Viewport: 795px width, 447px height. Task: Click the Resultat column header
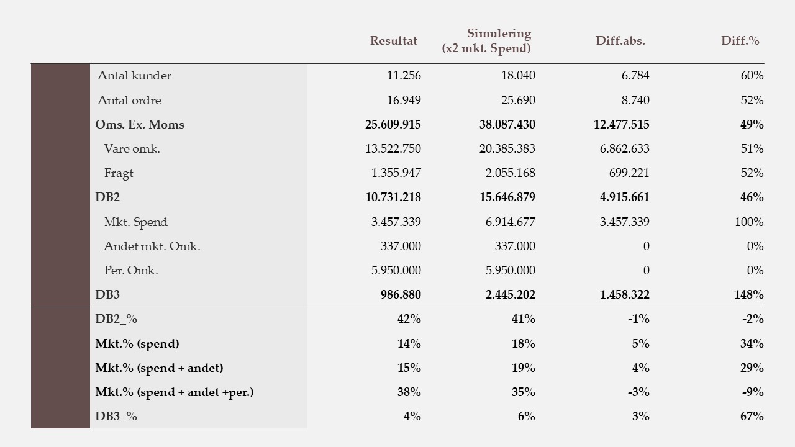(394, 41)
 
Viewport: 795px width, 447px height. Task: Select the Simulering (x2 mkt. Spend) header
(487, 41)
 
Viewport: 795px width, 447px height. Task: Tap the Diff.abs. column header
(620, 41)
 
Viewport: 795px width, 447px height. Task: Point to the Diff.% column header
(740, 41)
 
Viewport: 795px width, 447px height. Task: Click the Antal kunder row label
(134, 76)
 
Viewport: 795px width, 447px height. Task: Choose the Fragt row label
(119, 173)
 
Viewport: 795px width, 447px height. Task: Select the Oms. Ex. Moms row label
(140, 125)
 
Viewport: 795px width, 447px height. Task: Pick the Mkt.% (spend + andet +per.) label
(175, 392)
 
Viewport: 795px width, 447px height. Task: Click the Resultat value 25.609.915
(393, 125)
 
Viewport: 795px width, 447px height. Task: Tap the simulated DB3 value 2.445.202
(511, 295)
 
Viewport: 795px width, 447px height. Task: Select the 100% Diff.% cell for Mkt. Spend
(749, 222)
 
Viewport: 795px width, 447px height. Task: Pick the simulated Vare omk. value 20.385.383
(507, 149)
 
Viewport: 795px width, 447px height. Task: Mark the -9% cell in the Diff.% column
(753, 392)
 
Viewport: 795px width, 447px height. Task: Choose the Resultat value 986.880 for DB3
(401, 295)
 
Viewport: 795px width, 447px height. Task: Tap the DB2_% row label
(116, 319)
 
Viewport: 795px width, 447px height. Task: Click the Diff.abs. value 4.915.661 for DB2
(625, 197)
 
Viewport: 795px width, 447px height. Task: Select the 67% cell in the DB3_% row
(752, 417)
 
